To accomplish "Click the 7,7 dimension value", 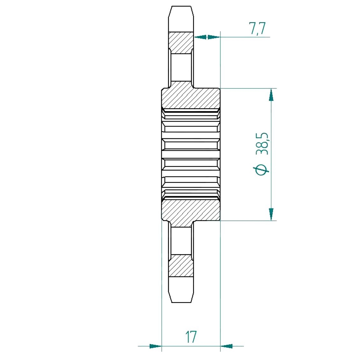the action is (x=257, y=28).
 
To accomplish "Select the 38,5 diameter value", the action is (x=262, y=143).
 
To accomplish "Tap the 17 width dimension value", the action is (x=191, y=337).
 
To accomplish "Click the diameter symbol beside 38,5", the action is (x=261, y=170).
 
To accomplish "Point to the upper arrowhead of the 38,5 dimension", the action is (x=271, y=95).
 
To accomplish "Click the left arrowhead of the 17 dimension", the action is (x=155, y=346).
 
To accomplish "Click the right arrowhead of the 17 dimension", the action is (x=227, y=346).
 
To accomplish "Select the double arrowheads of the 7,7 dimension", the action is (x=207, y=37).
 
